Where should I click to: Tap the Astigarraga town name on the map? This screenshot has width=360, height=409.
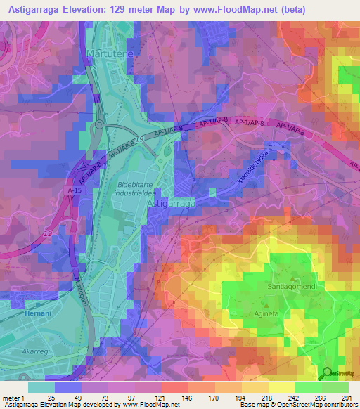tap(172, 203)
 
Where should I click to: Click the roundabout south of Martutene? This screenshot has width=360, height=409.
tap(101, 124)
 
